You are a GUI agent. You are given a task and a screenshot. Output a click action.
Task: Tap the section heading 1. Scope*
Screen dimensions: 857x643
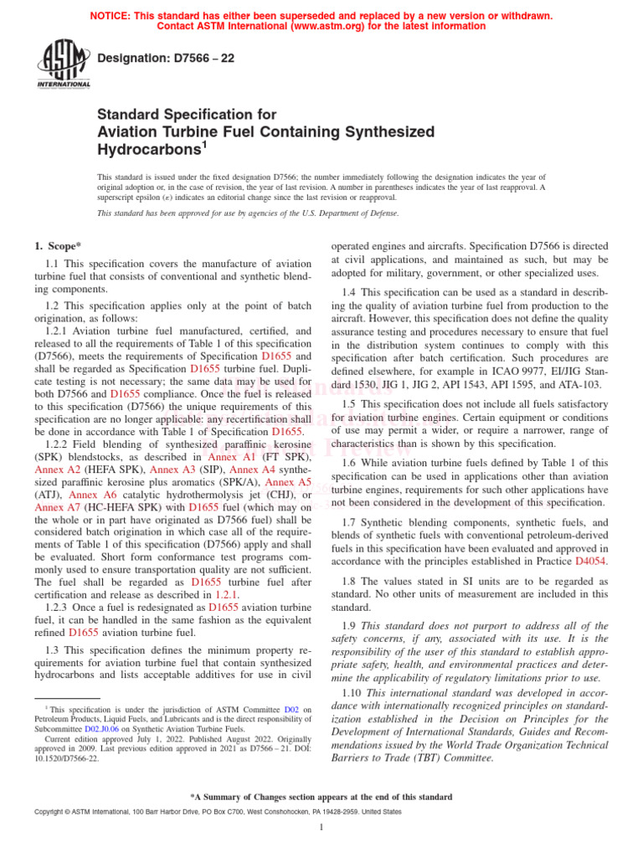click(x=58, y=246)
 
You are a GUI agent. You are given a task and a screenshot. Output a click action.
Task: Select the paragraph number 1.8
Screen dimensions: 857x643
click(x=352, y=580)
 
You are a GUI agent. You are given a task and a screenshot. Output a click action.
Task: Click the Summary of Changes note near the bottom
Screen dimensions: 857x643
click(x=321, y=797)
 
